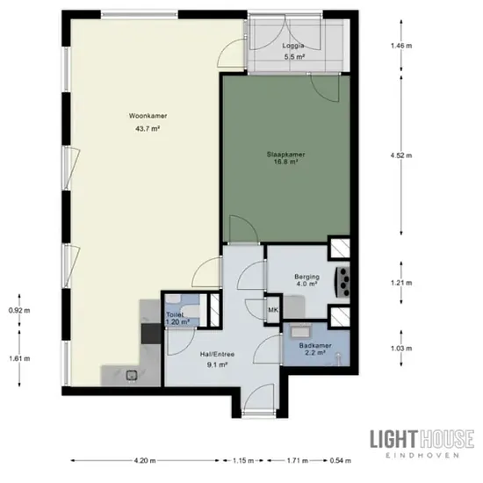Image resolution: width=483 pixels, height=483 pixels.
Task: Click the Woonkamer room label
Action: click(148, 116)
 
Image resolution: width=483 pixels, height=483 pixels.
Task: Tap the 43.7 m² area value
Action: click(148, 129)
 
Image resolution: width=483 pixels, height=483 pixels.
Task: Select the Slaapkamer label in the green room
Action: click(286, 155)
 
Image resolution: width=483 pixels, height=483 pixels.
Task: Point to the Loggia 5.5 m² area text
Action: click(294, 57)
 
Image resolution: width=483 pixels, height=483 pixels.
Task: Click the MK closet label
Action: click(273, 310)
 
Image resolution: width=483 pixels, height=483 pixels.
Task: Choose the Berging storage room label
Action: click(306, 277)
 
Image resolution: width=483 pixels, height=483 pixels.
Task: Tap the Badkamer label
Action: click(315, 346)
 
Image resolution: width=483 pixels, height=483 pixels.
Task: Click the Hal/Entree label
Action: click(217, 354)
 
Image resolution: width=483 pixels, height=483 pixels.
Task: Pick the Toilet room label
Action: click(175, 314)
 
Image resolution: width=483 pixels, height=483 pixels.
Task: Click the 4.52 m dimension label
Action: click(401, 155)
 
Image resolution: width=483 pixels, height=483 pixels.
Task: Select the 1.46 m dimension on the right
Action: click(401, 46)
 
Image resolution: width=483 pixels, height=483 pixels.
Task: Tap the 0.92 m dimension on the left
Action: click(19, 311)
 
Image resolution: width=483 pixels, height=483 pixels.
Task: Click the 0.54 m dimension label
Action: click(341, 461)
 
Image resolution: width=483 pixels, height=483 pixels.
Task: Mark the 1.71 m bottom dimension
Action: click(298, 461)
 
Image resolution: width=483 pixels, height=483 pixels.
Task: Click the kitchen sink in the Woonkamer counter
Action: click(132, 376)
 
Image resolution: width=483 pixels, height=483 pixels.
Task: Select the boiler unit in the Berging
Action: click(342, 281)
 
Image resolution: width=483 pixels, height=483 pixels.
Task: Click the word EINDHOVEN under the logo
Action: click(422, 455)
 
